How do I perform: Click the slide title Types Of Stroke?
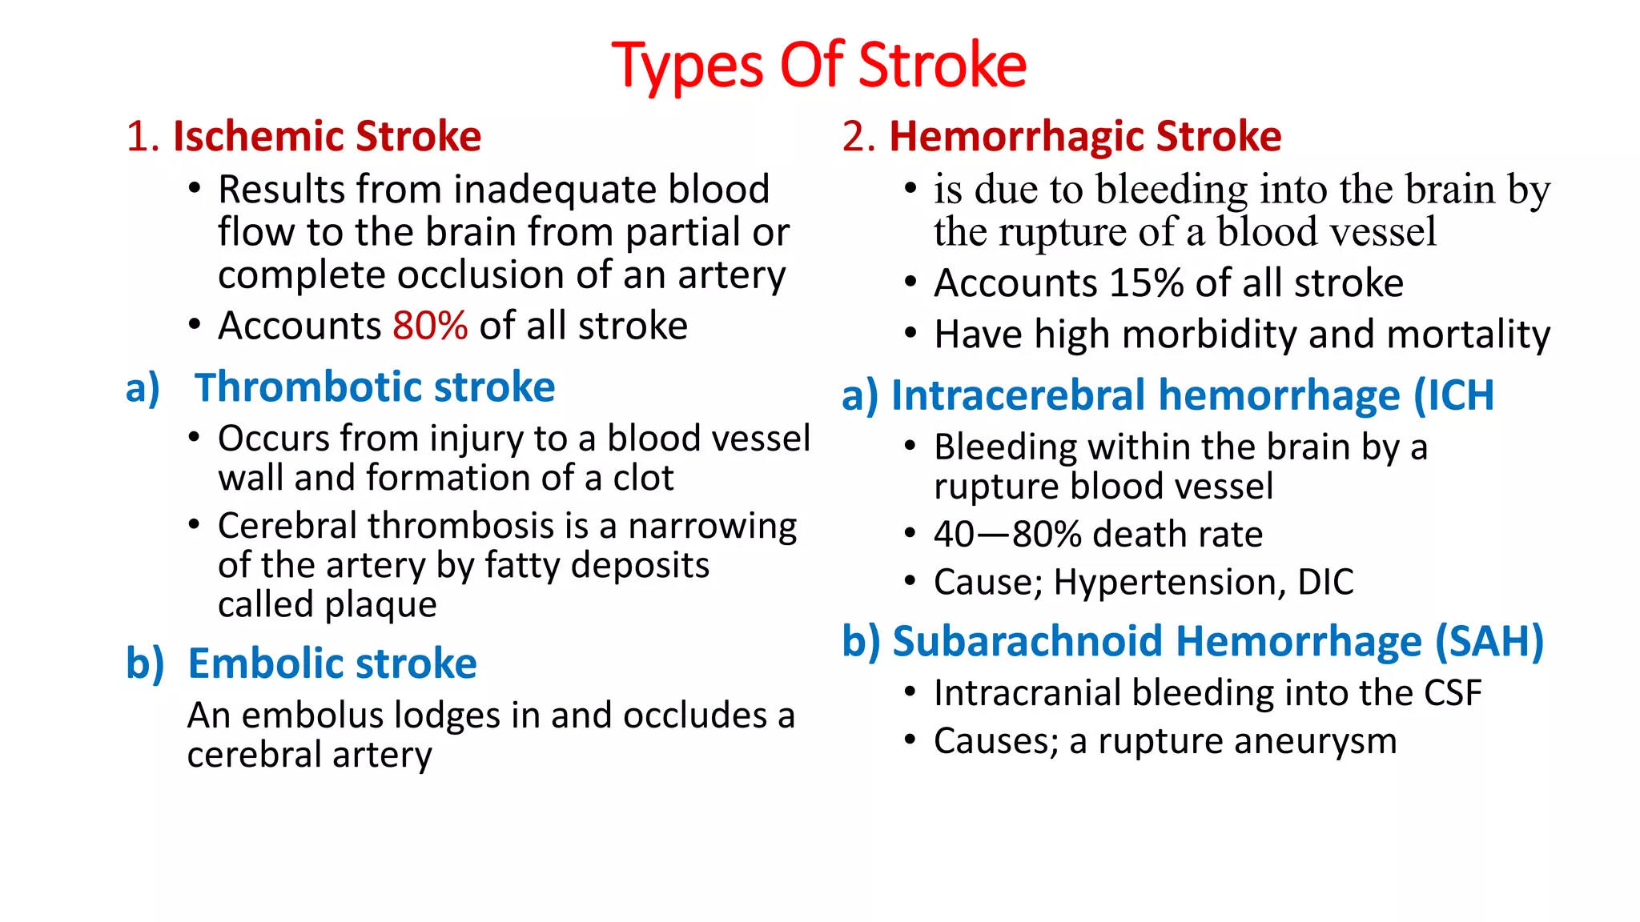[x=818, y=66]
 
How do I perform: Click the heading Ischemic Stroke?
[x=327, y=136]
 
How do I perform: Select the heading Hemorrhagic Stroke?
[x=1085, y=136]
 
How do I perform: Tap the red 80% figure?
[x=430, y=326]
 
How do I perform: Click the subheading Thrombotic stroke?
[x=375, y=387]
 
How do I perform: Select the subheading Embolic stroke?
[x=332, y=663]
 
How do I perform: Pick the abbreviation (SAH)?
[x=1489, y=642]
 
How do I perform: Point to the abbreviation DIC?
[x=1325, y=582]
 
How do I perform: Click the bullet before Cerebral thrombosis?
[x=194, y=525]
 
